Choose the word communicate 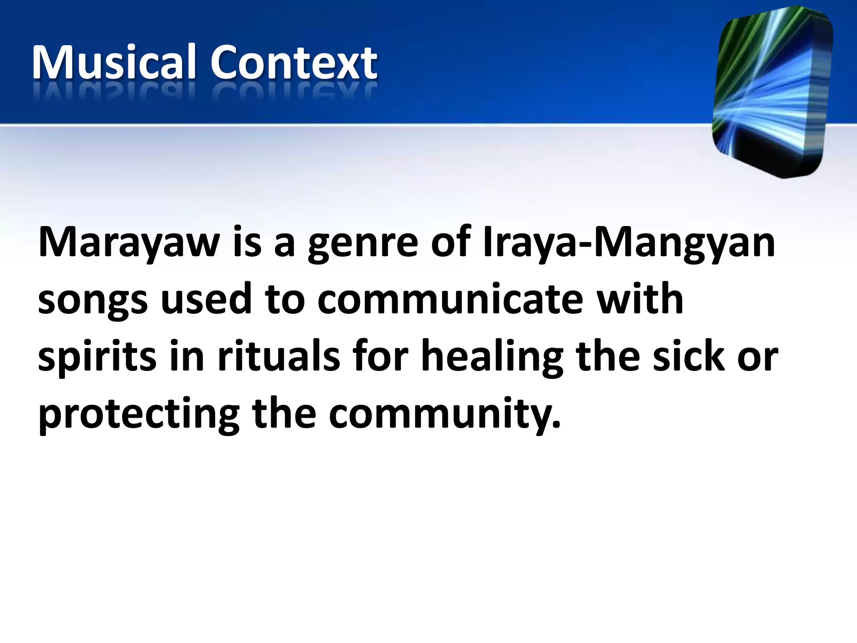pos(450,299)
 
